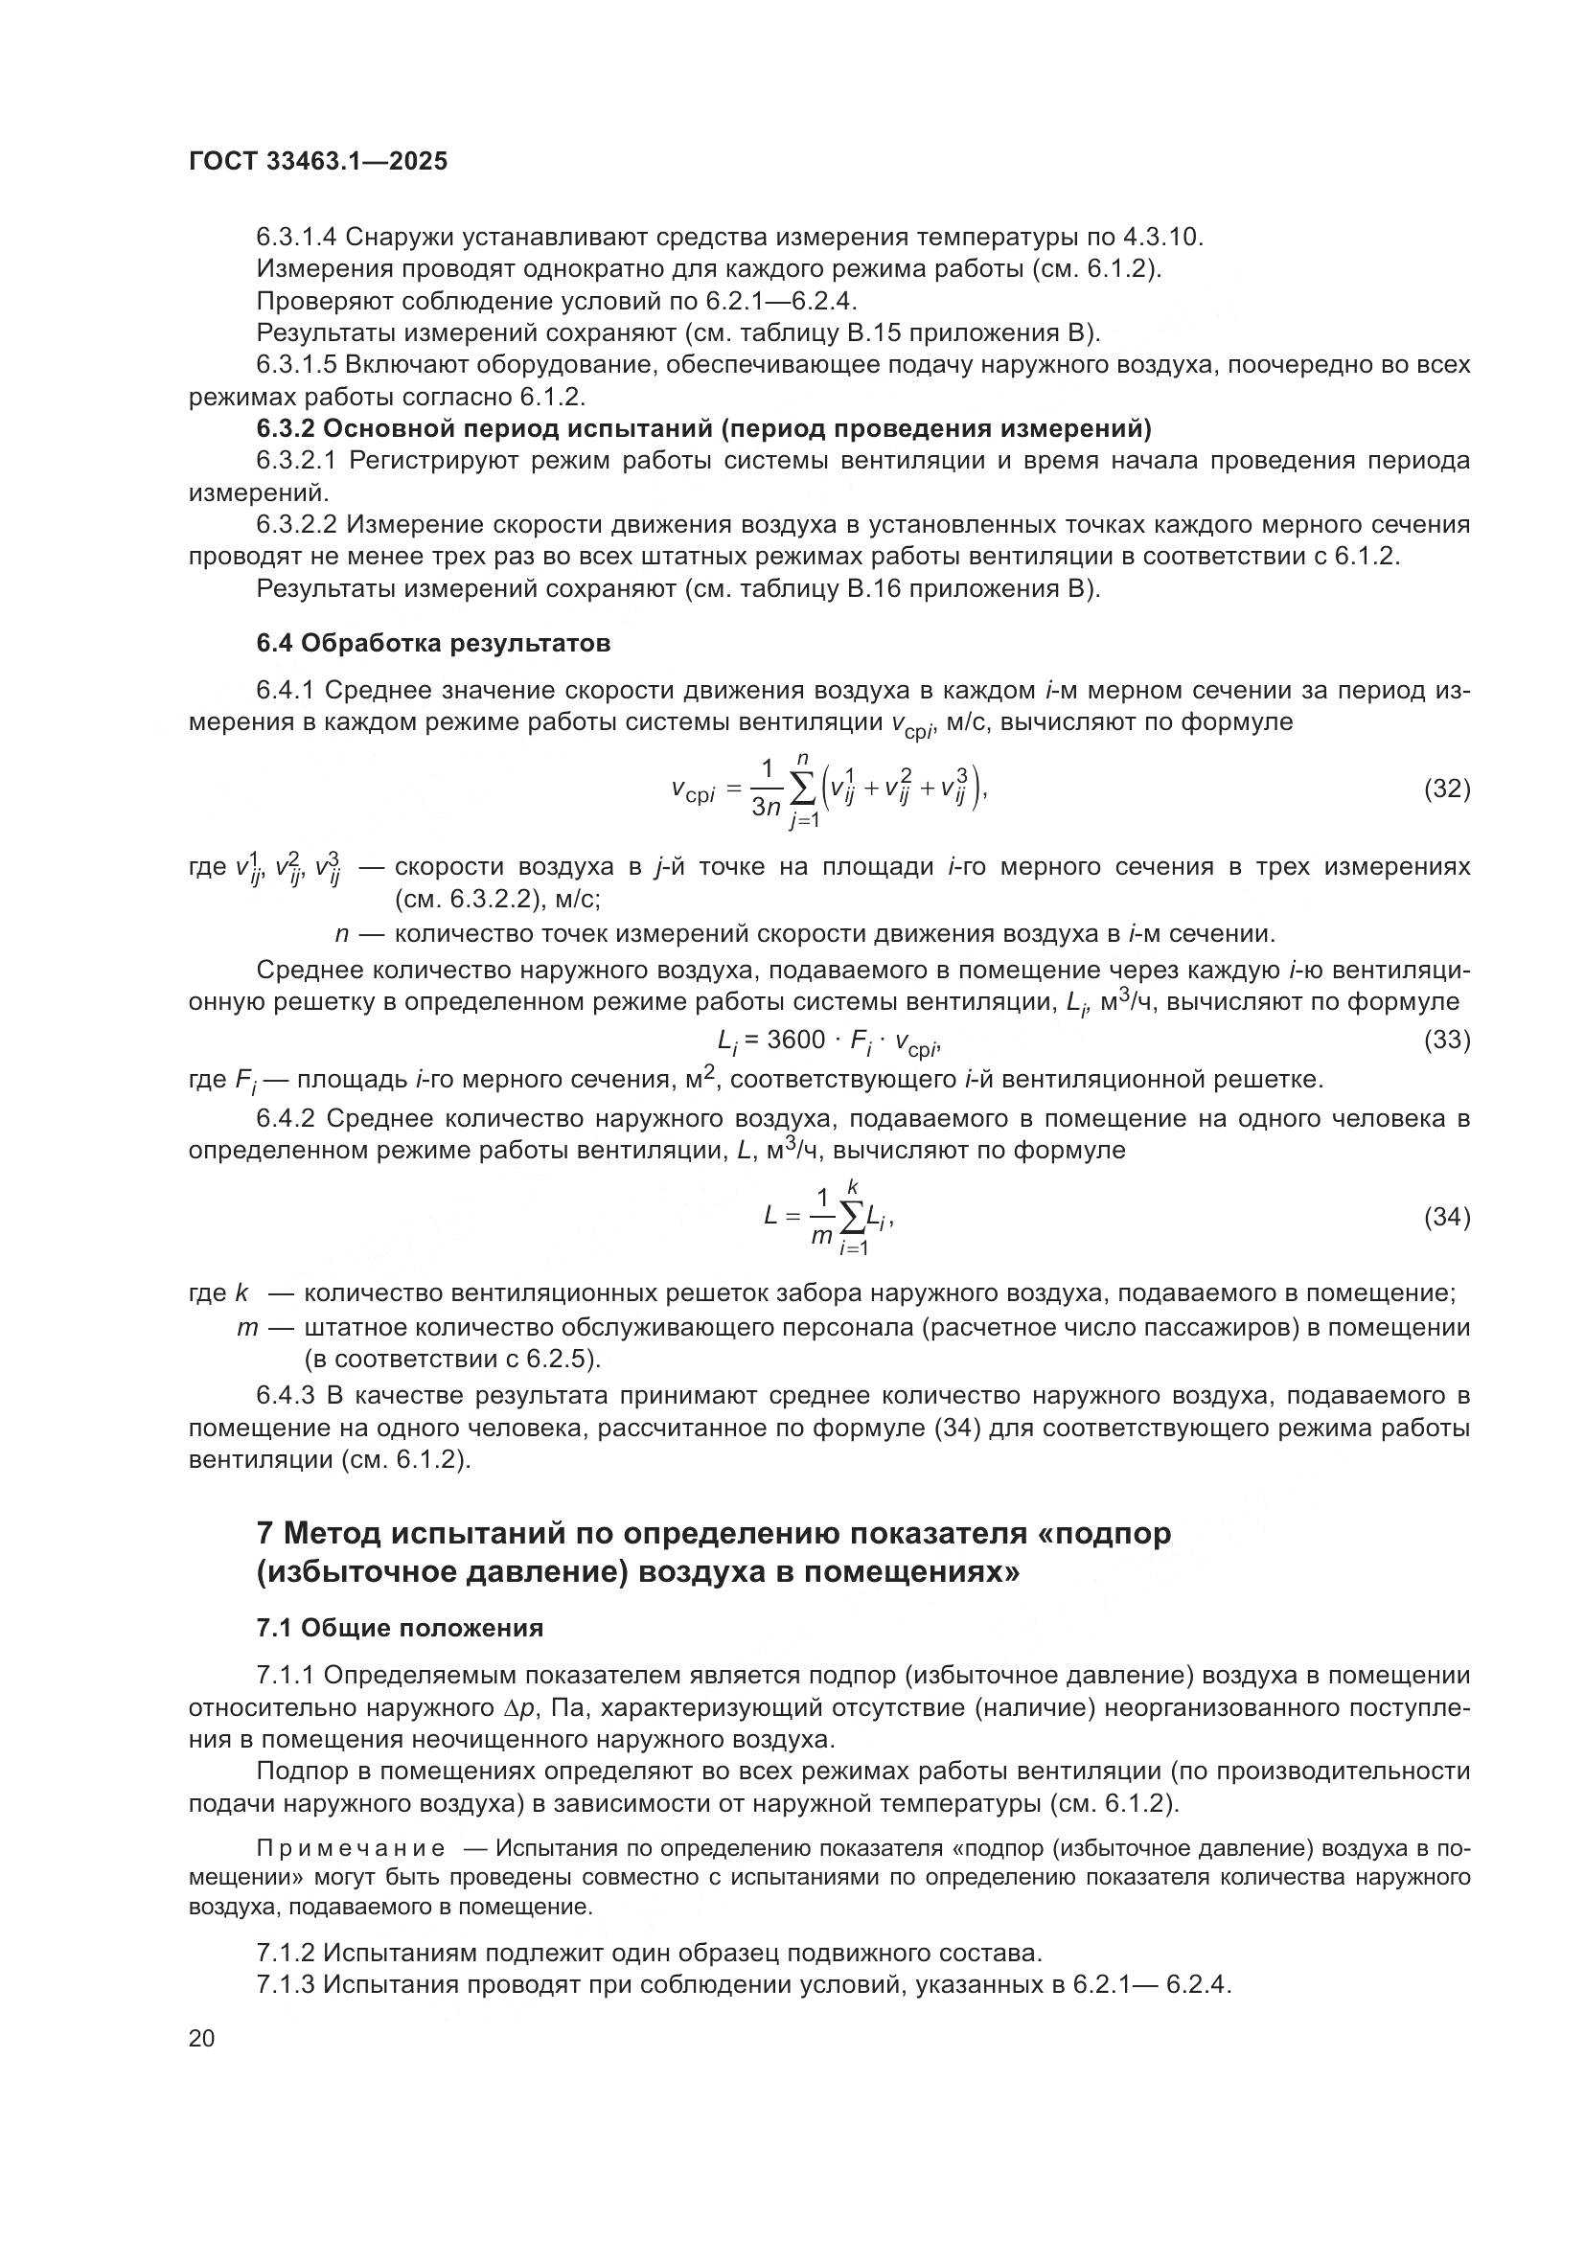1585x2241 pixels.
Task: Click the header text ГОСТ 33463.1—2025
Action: pos(318,162)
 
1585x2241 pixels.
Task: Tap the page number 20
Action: pos(202,2038)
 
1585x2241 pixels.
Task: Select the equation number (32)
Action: pos(1446,789)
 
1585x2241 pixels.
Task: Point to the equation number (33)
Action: pos(1446,1040)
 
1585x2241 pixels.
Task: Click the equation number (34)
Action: pos(1446,1217)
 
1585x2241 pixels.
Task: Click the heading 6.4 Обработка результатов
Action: pos(433,643)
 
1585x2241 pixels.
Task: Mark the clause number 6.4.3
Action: pos(285,1397)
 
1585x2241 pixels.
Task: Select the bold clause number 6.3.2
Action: pos(285,428)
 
